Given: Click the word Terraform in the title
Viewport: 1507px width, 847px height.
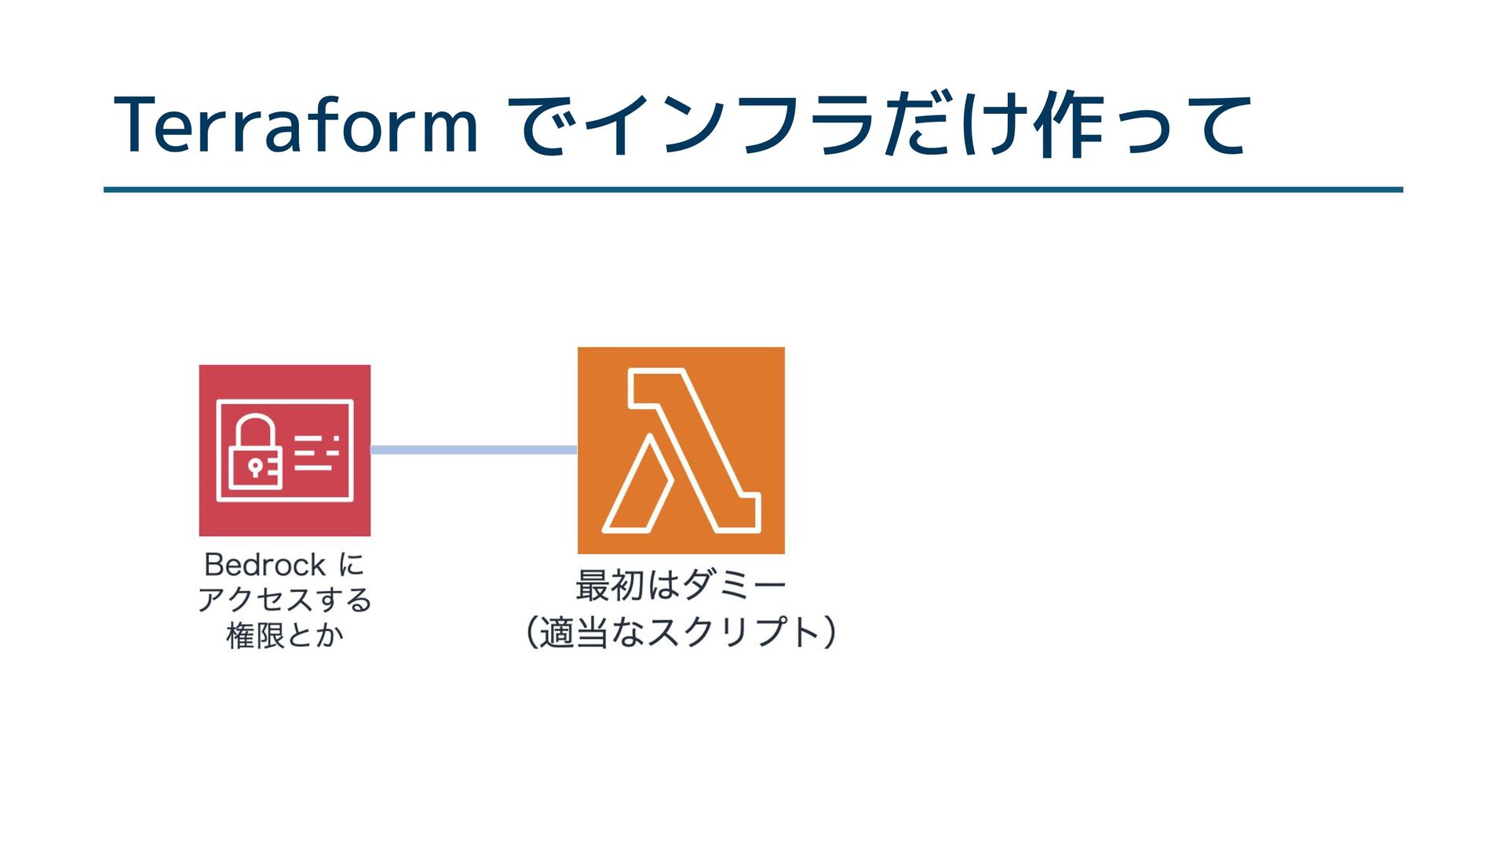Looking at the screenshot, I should click(x=296, y=126).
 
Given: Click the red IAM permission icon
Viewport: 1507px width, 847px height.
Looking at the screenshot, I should click(x=284, y=450).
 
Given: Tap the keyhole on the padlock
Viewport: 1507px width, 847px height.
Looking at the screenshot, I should click(x=254, y=468).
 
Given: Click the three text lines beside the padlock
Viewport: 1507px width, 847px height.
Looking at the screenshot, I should click(x=316, y=452).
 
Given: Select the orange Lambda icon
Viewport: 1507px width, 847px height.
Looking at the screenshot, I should click(x=681, y=450).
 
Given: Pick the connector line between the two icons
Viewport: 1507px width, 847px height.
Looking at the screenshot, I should click(x=473, y=450).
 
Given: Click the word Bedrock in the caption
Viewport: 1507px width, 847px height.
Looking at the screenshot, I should click(x=265, y=564).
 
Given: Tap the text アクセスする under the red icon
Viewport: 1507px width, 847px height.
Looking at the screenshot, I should click(x=284, y=600).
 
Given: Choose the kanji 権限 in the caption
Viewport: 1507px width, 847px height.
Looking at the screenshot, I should click(x=254, y=635).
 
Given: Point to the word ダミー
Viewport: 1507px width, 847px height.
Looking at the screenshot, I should click(x=734, y=586).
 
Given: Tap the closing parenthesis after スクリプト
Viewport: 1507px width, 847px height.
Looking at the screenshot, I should click(x=829, y=633).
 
